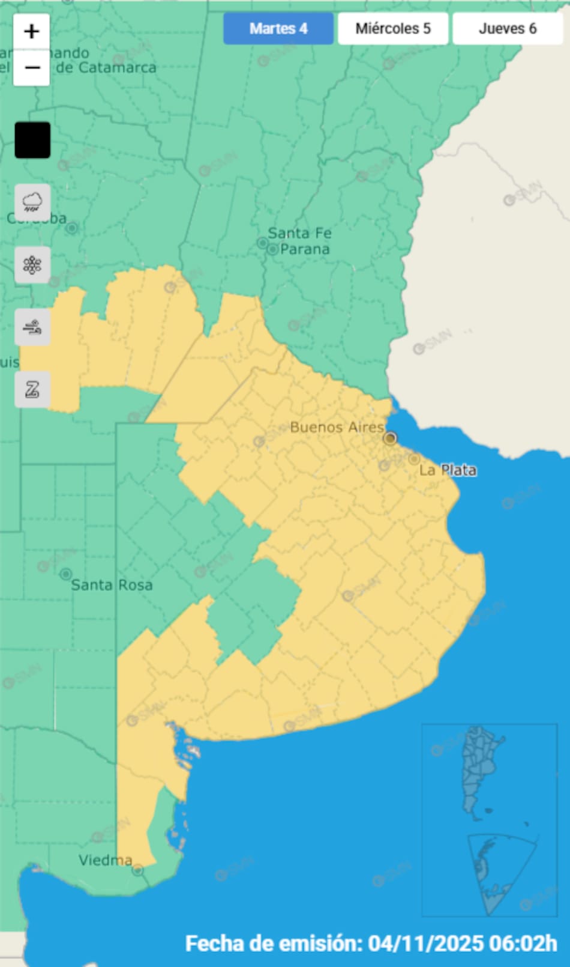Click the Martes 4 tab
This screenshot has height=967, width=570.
tap(278, 29)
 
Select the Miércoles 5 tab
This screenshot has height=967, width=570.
tap(393, 29)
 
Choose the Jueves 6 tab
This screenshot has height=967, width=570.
tap(508, 29)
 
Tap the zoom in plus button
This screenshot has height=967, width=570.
tap(32, 31)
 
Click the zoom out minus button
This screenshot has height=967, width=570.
tap(32, 67)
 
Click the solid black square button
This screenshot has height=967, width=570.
tap(32, 140)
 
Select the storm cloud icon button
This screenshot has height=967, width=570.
tap(32, 203)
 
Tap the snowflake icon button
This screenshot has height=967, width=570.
tap(32, 265)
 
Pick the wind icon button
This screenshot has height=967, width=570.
tap(32, 327)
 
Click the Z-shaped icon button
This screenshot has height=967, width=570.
tap(32, 390)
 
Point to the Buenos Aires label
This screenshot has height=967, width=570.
tap(337, 427)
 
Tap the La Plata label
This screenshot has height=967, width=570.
tap(448, 470)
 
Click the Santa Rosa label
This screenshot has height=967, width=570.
tap(112, 585)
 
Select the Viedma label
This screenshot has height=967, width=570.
tap(105, 860)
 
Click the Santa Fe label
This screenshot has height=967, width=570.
tap(299, 233)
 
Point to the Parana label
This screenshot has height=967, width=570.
tap(305, 249)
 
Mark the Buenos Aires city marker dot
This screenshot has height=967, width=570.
tap(390, 438)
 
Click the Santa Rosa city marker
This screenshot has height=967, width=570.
tap(65, 574)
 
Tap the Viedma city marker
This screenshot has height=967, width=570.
tap(138, 870)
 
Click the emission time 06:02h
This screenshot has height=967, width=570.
tap(523, 944)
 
